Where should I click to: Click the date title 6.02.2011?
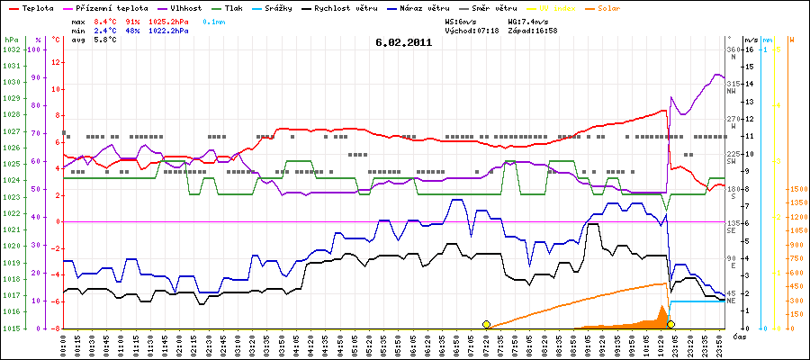(404, 41)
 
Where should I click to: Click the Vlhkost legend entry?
(186, 7)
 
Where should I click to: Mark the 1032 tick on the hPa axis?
(11, 49)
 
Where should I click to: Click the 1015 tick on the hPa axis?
(11, 328)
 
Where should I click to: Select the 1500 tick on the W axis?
(796, 189)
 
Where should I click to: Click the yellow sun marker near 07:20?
(486, 324)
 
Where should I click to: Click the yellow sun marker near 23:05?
(670, 324)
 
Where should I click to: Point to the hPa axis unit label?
(10, 40)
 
